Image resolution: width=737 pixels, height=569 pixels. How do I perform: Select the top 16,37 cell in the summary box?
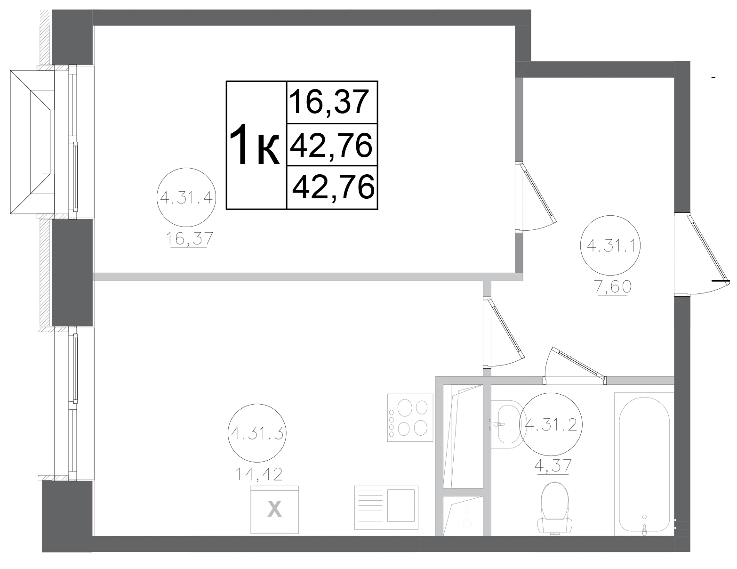coord(332,102)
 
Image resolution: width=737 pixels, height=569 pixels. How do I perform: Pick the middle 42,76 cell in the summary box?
coord(332,145)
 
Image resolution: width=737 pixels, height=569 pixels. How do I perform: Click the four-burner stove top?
coord(410,417)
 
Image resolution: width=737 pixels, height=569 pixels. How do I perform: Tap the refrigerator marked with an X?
coord(275,509)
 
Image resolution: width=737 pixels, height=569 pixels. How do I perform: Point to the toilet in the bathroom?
coord(555,508)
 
